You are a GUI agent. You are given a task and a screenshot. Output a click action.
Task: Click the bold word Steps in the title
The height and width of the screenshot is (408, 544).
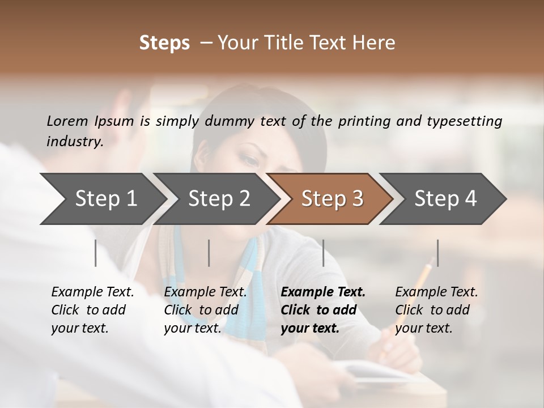164,43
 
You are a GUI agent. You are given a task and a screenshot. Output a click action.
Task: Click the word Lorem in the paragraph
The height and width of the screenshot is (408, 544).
67,121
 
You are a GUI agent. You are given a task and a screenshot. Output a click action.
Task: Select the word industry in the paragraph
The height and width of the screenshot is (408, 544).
74,141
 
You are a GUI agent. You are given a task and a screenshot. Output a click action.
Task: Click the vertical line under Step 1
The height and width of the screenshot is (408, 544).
96,253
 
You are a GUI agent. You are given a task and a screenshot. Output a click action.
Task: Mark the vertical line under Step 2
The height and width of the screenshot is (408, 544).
209,253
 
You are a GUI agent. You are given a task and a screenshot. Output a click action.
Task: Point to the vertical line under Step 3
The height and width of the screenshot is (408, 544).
324,253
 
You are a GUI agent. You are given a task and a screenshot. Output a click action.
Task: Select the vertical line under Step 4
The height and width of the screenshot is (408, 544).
438,253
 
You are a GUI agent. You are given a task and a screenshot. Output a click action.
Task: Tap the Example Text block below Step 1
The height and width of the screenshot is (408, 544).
92,310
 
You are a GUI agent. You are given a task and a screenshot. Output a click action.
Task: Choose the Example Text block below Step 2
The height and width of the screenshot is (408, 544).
205,310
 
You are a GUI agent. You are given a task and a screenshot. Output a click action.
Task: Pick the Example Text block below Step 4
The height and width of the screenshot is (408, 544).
436,310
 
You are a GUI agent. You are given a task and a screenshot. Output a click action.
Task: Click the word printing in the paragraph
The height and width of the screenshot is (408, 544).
366,121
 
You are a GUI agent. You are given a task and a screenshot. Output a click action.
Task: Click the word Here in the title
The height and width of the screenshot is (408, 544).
376,43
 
